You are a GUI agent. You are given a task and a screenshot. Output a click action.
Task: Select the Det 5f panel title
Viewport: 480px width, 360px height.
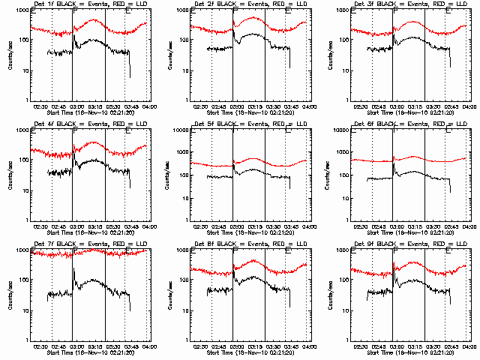(249, 124)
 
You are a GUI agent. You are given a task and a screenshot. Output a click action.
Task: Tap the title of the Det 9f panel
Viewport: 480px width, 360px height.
(409, 244)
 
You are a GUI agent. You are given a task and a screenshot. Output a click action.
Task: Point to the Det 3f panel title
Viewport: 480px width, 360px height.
(409, 4)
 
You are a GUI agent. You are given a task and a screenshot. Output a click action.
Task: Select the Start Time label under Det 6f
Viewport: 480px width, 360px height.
(409, 232)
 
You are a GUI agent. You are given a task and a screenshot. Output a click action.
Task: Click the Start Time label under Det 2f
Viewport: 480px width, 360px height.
(249, 112)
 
